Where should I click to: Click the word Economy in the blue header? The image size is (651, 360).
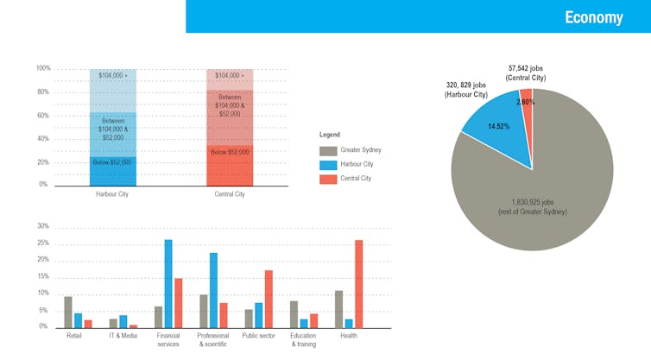point(593,17)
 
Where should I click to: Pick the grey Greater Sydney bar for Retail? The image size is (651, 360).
point(68,311)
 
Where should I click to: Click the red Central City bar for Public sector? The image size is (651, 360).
point(269,298)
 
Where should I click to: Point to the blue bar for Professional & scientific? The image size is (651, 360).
point(213,289)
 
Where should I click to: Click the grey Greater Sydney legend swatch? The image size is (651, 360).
point(327,150)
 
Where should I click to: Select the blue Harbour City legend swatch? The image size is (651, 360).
point(327,164)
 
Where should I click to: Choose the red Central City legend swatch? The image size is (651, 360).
point(327,179)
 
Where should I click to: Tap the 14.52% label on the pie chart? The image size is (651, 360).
point(499,127)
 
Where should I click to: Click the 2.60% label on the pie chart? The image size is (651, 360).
point(526,102)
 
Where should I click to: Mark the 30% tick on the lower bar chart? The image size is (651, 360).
point(43,226)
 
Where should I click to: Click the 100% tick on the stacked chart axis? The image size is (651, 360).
point(43,68)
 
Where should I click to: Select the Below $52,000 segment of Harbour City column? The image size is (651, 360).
point(112,170)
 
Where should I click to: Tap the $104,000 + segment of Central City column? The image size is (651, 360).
point(229,77)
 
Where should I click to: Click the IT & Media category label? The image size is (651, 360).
point(123,336)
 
